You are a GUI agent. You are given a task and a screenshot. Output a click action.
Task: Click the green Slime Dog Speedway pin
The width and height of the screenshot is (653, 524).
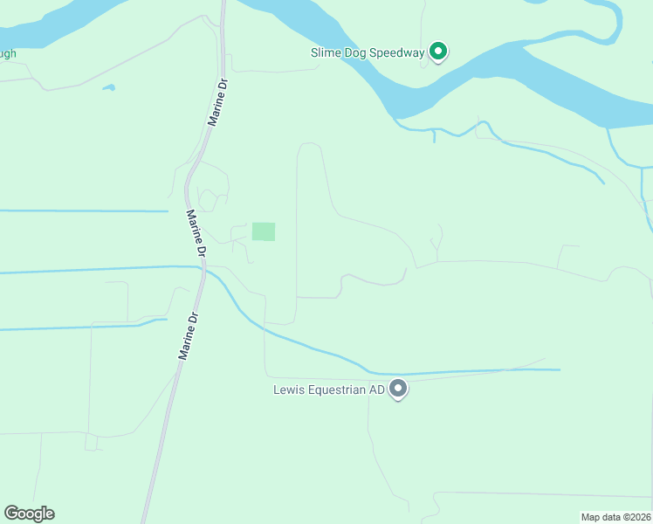click(x=439, y=52)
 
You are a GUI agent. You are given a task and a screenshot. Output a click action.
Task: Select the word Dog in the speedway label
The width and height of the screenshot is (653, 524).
click(x=358, y=52)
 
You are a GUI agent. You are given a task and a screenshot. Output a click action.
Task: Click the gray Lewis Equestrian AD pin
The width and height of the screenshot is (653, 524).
click(x=398, y=389)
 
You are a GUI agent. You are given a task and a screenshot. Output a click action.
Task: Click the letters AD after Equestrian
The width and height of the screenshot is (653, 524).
click(x=376, y=390)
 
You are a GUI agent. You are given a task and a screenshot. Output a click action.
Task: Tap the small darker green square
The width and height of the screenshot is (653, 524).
click(x=264, y=231)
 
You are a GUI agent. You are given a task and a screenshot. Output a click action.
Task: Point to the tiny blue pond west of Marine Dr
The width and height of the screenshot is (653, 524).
click(x=108, y=87)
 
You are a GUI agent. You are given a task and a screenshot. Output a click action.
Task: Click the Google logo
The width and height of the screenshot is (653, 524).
click(x=29, y=514)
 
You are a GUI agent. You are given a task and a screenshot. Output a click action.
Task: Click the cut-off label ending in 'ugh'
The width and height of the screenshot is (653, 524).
click(x=8, y=53)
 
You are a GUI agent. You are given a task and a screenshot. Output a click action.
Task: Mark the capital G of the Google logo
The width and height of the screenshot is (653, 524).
click(x=11, y=514)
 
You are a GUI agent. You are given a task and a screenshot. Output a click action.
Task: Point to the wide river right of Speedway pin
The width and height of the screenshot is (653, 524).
click(x=559, y=87)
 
